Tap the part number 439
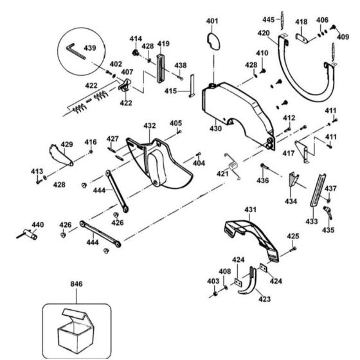pyautogui.click(x=90, y=48)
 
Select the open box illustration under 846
pyautogui.click(x=76, y=330)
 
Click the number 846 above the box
pyautogui.click(x=76, y=284)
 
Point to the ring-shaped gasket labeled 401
pyautogui.click(x=213, y=41)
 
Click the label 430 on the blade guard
pyautogui.click(x=215, y=129)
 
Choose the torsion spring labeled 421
pyautogui.click(x=233, y=166)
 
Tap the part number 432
pyautogui.click(x=150, y=126)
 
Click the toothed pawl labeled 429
pyautogui.click(x=61, y=155)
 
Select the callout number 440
pyautogui.click(x=38, y=224)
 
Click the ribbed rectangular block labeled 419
pyautogui.click(x=161, y=68)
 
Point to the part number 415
pyautogui.click(x=170, y=91)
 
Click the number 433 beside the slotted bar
pyautogui.click(x=312, y=222)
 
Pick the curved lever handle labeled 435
pyautogui.click(x=328, y=212)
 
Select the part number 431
pyautogui.click(x=250, y=210)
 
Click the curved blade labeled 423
pyautogui.click(x=247, y=282)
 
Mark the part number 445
pyautogui.click(x=269, y=19)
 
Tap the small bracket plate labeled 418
pyautogui.click(x=301, y=38)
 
